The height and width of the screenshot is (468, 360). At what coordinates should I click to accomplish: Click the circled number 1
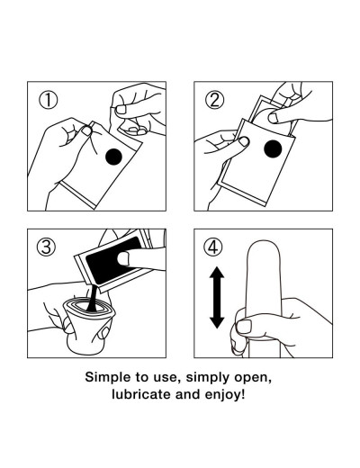48,100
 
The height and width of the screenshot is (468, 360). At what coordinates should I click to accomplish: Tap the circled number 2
214,100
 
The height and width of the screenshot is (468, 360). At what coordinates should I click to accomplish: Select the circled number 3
46,247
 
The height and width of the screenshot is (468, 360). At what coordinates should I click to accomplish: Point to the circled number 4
213,247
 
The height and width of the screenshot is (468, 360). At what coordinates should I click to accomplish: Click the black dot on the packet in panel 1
113,157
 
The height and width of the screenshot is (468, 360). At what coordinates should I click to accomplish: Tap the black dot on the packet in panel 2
273,148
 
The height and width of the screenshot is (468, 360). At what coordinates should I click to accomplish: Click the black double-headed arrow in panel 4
217,298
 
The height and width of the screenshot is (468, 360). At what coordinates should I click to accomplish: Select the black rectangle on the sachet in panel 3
113,259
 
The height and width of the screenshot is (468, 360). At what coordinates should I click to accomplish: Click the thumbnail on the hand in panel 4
244,327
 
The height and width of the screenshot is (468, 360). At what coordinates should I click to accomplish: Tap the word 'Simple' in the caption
104,377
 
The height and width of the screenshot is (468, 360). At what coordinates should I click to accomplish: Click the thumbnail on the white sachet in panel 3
123,258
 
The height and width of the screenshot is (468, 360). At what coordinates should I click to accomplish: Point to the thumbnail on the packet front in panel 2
243,141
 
